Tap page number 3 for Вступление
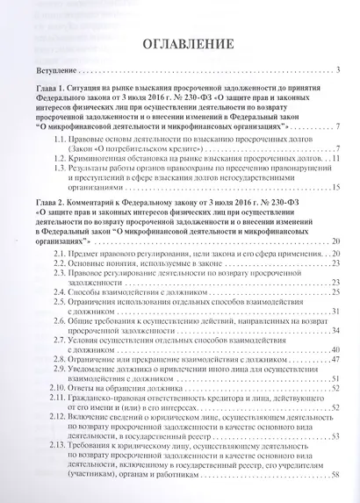pos(337,68)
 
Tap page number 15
pos(335,187)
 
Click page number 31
pos(335,313)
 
